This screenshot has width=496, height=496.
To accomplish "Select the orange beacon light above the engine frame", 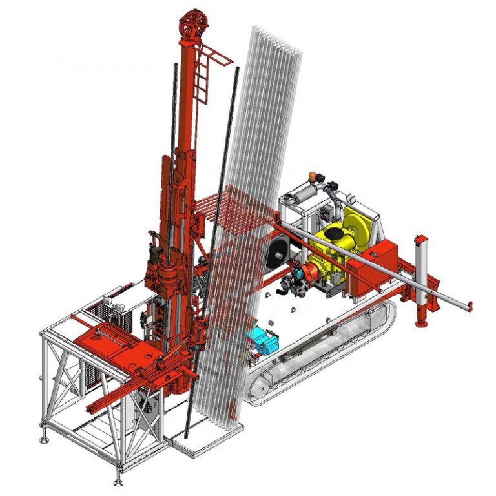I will point(316,176).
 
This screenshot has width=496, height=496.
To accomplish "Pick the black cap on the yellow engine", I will point(334,232).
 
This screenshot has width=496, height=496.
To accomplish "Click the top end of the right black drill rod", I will point(238,69).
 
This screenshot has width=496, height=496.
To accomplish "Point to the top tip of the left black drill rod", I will point(176,66).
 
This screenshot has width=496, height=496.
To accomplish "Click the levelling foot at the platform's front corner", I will point(118,481).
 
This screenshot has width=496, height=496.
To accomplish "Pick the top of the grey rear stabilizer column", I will point(421,238).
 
